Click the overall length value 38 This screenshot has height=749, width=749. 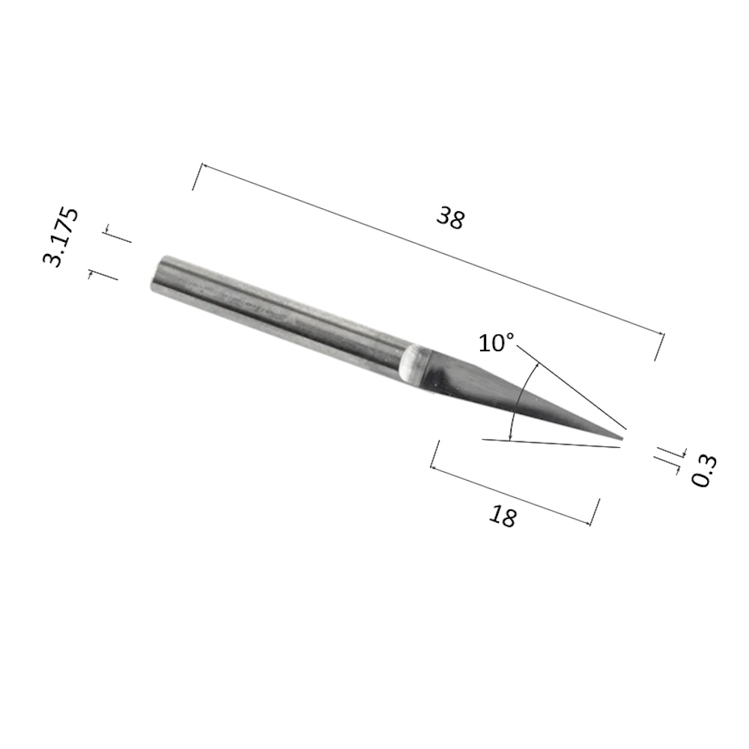coord(450,219)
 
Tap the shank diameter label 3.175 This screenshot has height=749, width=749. coord(60,237)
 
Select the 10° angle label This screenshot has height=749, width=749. coord(497,342)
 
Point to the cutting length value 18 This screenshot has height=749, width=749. coord(503,516)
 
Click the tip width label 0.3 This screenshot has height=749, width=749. coord(704,470)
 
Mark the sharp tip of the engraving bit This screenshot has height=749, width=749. coord(623,437)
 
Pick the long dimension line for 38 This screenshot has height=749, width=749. coord(432,249)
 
